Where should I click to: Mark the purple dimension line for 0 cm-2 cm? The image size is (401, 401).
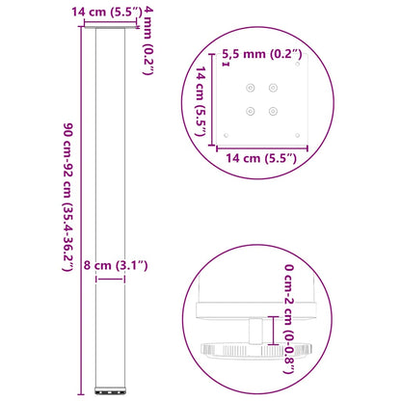tap(278, 331)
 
